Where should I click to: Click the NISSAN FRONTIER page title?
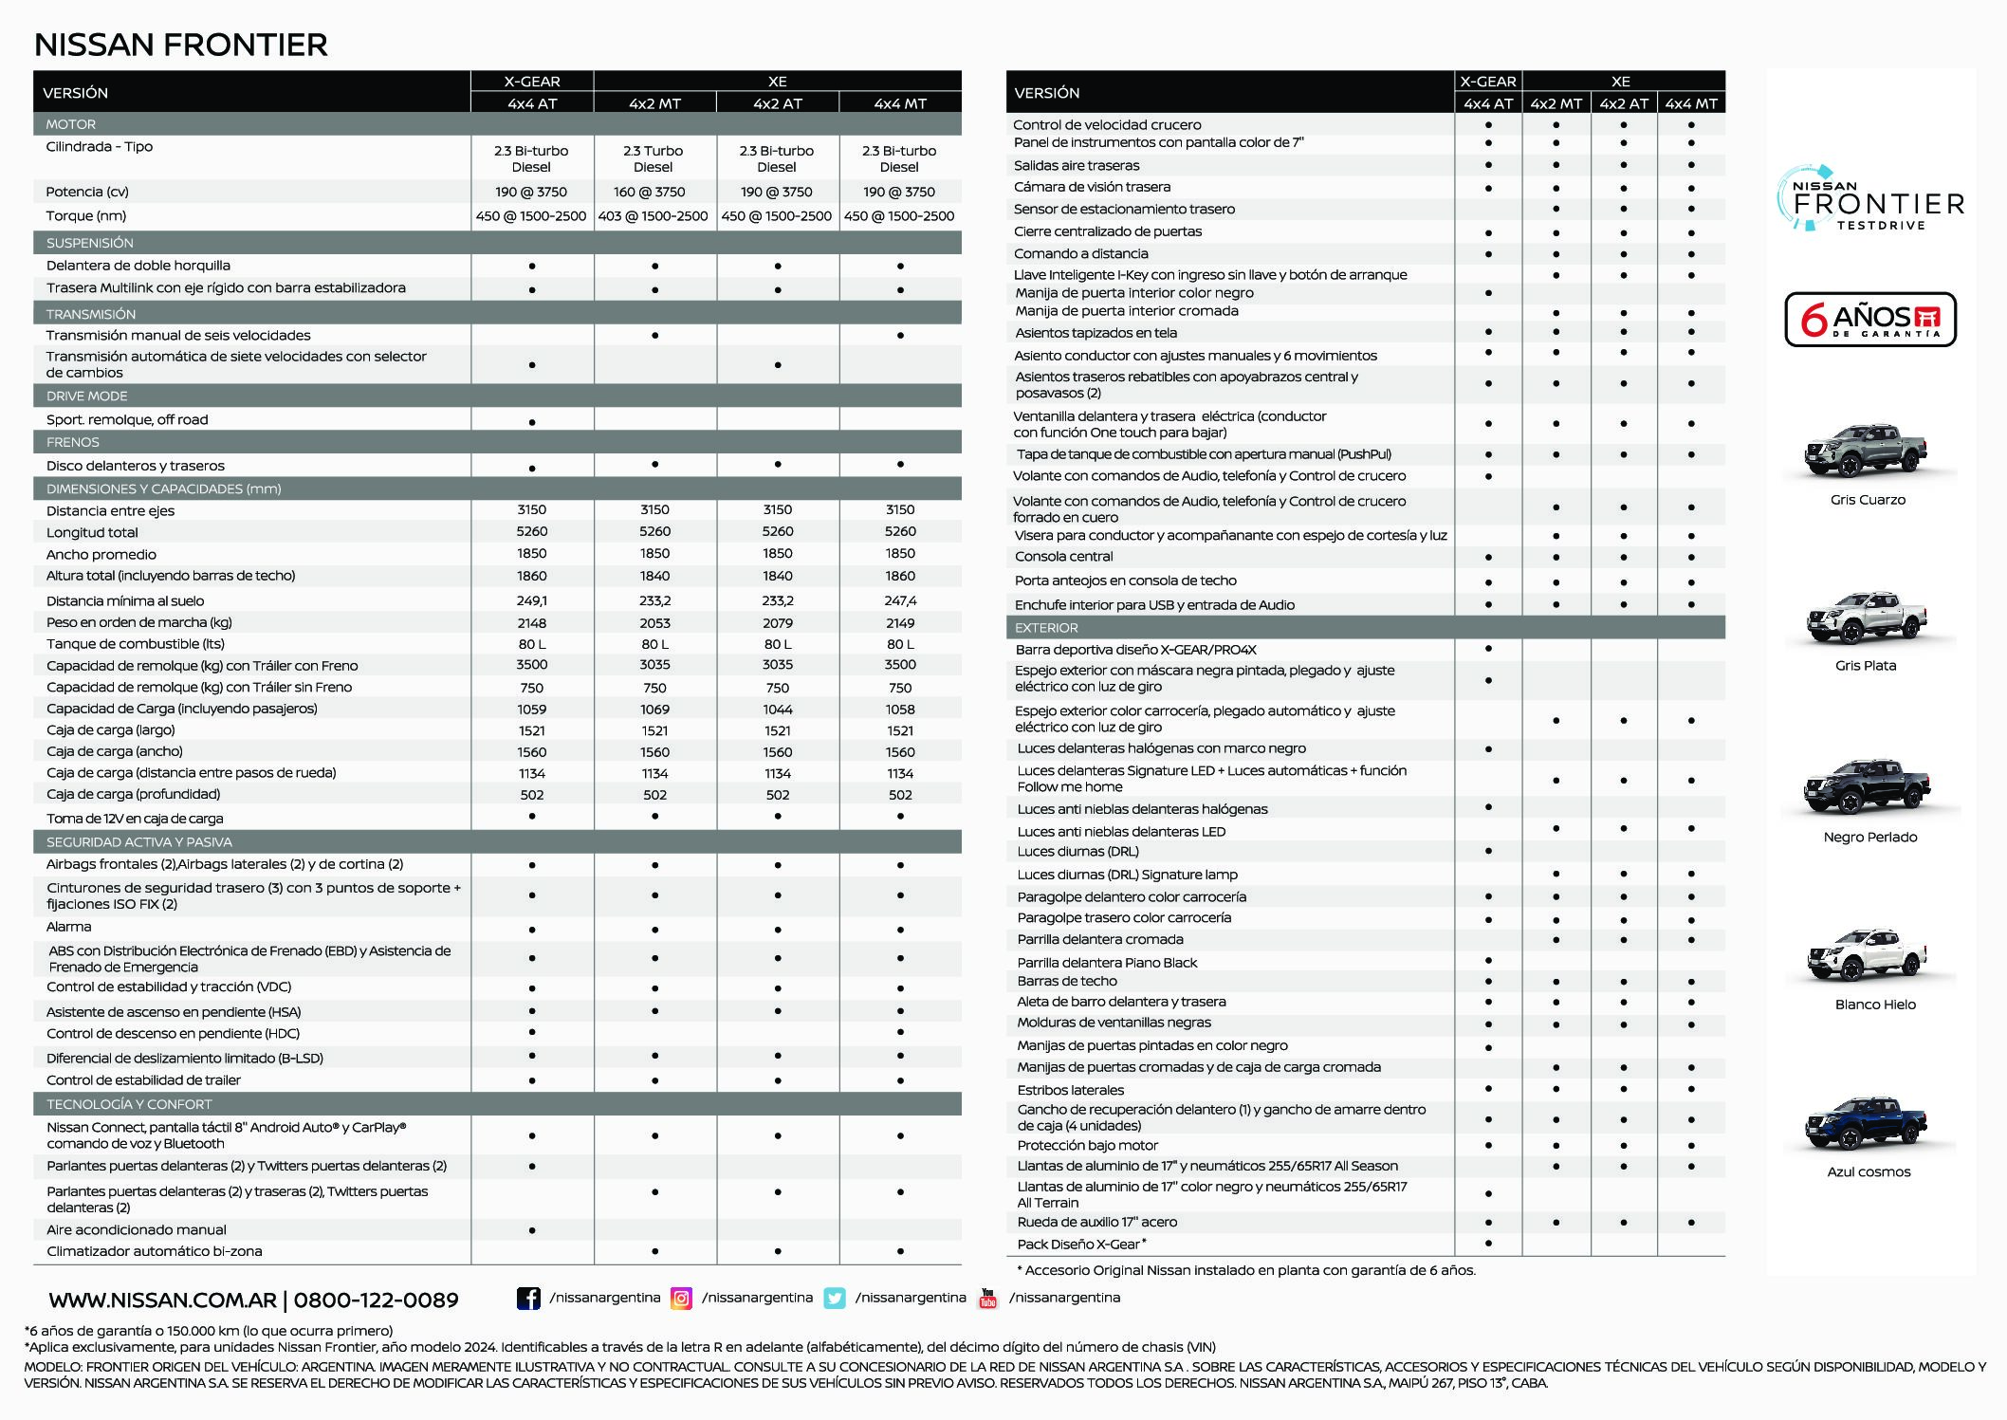click(x=180, y=45)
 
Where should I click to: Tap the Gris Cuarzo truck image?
click(x=1866, y=451)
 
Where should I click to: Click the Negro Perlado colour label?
click(x=1869, y=837)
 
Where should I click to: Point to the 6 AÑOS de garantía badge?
click(x=1869, y=320)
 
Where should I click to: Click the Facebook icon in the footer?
click(x=528, y=1298)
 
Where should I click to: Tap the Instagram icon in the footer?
click(x=681, y=1298)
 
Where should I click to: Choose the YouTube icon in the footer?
click(x=987, y=1298)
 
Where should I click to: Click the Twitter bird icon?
click(x=835, y=1298)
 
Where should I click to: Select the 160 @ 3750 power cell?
click(x=654, y=192)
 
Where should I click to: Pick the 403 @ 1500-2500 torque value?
click(x=654, y=216)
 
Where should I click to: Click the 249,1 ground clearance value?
click(x=531, y=600)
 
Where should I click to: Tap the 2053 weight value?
click(x=654, y=623)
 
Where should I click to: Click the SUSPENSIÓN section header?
click(x=90, y=243)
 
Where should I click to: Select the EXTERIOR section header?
click(x=1046, y=628)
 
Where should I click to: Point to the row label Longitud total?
click(x=92, y=532)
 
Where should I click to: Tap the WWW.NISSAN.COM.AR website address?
click(x=162, y=1300)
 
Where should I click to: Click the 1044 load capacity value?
click(x=778, y=710)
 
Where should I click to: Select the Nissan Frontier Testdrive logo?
click(x=1869, y=199)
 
